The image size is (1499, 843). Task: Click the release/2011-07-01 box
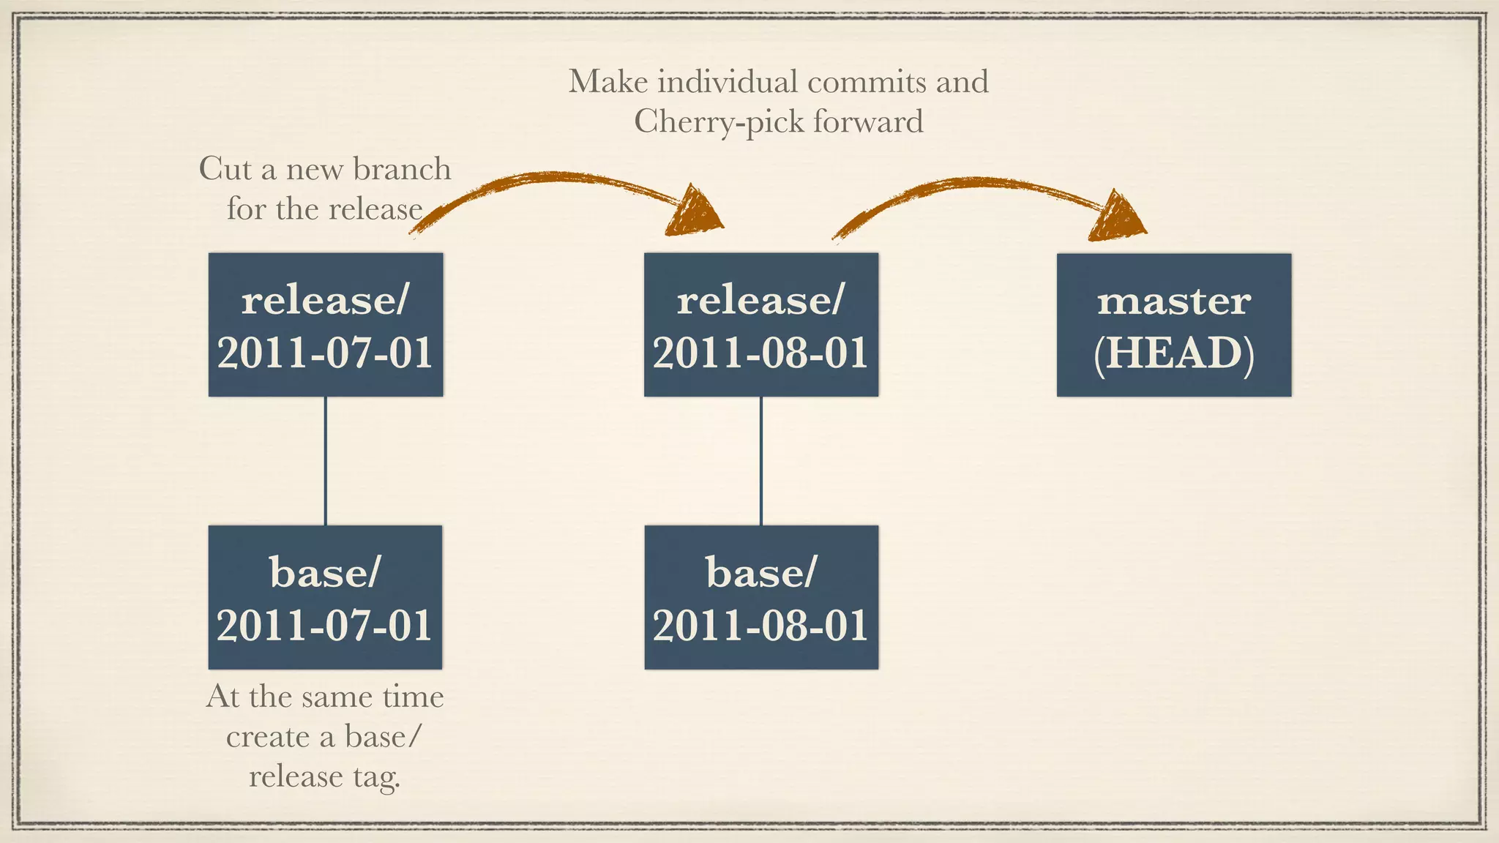click(326, 324)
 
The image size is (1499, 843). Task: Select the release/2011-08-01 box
click(761, 324)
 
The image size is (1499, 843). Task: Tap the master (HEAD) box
click(1174, 324)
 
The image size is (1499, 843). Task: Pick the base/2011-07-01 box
click(326, 596)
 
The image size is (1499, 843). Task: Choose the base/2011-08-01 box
click(761, 596)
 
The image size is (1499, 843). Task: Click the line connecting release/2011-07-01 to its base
click(326, 461)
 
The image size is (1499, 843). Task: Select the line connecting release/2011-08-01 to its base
click(761, 461)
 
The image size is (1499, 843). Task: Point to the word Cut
click(225, 169)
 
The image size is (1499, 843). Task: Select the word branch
click(402, 169)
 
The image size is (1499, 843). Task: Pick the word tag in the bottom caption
click(376, 777)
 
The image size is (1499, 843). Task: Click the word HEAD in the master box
click(1174, 353)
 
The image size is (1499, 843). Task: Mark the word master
click(1174, 301)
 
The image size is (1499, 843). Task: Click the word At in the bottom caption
click(223, 697)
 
